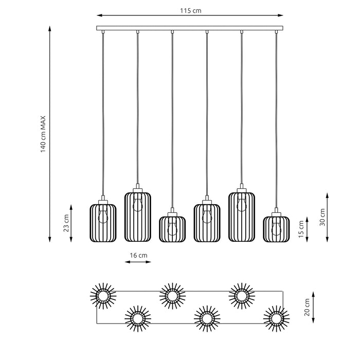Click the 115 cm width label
(190, 10)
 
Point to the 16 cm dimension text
(138, 255)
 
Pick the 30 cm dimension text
(322, 217)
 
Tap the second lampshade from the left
(138, 215)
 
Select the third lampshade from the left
(172, 228)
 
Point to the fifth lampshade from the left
(242, 215)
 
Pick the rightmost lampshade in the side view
(276, 228)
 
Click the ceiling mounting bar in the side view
(190, 28)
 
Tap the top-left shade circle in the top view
(103, 295)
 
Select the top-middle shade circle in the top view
(172, 295)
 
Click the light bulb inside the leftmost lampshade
(103, 215)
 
